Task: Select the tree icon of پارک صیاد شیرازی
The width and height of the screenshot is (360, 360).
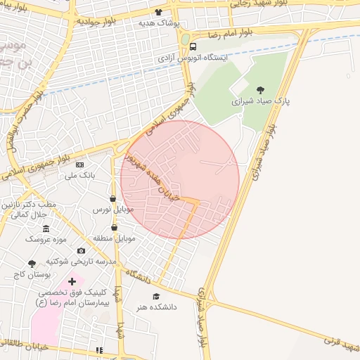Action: coord(261,90)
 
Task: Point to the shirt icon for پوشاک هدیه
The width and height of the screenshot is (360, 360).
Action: coord(159,12)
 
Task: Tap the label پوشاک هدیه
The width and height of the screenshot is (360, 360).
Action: coord(160,22)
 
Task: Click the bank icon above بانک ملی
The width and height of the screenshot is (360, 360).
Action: coord(79,164)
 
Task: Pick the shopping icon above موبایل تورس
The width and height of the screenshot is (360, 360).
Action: coord(113,198)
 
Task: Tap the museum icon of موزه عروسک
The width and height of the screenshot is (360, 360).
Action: coord(46,229)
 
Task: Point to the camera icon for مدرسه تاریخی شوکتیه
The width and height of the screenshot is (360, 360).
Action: coord(81,251)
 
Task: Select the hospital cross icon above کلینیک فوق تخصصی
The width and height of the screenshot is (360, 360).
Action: coord(72,281)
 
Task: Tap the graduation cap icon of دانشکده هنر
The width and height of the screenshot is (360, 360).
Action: coord(156,296)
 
